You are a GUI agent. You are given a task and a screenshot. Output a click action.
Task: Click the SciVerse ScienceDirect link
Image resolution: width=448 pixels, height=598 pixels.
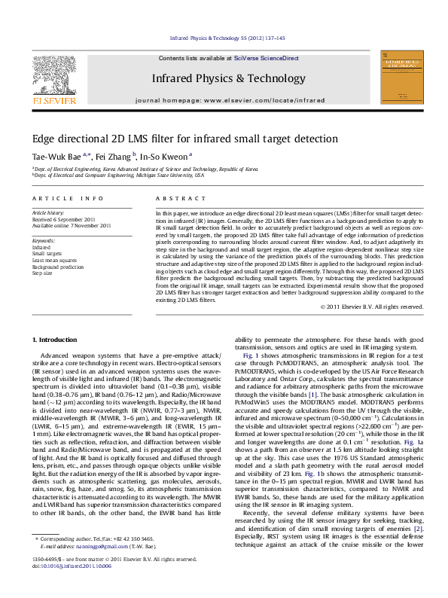266,58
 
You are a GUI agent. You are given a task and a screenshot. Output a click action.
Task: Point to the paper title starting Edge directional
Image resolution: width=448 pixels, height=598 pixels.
184,139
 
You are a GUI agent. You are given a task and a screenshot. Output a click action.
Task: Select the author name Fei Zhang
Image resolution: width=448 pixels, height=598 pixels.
114,156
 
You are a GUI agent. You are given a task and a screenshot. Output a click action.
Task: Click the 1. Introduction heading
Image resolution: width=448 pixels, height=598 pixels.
56,340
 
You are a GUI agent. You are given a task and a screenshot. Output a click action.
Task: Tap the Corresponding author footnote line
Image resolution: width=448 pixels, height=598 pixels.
98,560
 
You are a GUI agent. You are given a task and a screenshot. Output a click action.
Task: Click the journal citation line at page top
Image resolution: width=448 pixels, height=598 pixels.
224,37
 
